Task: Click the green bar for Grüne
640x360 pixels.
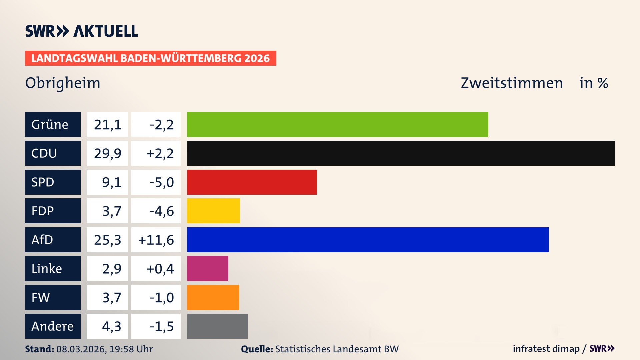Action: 337,124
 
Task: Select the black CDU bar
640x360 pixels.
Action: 401,153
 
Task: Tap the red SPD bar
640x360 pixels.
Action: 252,182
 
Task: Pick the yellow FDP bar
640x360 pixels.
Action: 213,211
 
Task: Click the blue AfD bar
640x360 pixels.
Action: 368,240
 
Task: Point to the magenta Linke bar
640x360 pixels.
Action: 207,268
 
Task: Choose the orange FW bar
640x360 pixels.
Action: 213,297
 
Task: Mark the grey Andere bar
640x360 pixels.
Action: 217,326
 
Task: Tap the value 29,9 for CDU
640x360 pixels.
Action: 107,153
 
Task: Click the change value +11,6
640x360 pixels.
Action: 156,240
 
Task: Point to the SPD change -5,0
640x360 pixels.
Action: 162,182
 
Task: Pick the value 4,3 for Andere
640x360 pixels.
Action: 111,326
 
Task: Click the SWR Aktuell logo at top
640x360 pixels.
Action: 82,31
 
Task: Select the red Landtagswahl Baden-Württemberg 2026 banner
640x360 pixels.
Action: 150,58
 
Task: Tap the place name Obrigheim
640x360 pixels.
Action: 63,83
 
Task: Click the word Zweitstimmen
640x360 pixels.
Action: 512,83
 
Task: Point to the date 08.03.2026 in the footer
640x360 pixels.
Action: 81,349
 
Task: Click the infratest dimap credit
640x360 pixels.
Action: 546,349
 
